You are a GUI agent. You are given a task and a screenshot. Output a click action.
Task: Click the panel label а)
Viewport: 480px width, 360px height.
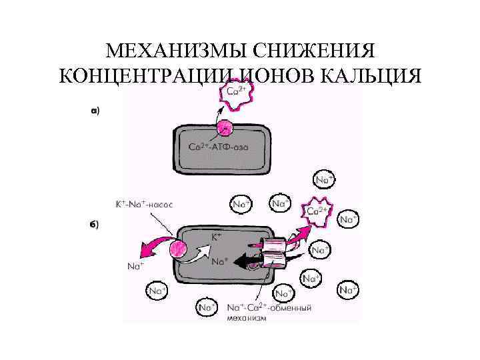[x=95, y=111]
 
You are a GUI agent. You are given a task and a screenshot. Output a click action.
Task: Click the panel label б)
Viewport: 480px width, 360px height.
[x=95, y=224]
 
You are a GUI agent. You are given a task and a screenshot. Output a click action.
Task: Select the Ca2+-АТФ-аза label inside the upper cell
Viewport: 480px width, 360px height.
[x=218, y=147]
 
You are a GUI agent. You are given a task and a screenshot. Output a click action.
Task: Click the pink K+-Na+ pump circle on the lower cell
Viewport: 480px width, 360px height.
[x=179, y=251]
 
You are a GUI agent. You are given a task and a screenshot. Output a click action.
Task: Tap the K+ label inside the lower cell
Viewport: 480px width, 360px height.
[x=217, y=237]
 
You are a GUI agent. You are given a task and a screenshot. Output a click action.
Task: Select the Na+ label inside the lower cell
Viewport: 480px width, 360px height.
[x=220, y=261]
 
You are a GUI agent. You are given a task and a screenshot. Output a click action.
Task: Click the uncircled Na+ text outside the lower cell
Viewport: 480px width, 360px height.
[x=135, y=266]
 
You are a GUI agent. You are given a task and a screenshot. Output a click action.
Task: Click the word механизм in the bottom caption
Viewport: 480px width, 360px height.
[x=247, y=318]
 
